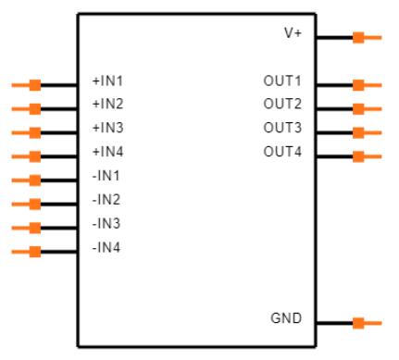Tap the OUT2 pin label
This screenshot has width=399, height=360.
(283, 104)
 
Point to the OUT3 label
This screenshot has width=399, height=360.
(283, 128)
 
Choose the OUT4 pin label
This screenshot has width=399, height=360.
(283, 152)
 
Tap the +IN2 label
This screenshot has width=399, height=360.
(107, 104)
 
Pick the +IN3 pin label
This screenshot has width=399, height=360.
(107, 128)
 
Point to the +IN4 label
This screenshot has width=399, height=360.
(107, 152)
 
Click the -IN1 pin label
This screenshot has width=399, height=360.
(106, 176)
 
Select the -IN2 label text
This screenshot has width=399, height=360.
(106, 200)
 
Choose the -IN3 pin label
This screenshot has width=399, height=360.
(106, 224)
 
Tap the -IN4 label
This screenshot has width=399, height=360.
(106, 248)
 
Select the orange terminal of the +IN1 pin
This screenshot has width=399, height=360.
(34, 85)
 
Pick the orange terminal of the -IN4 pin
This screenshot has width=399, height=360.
(34, 252)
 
